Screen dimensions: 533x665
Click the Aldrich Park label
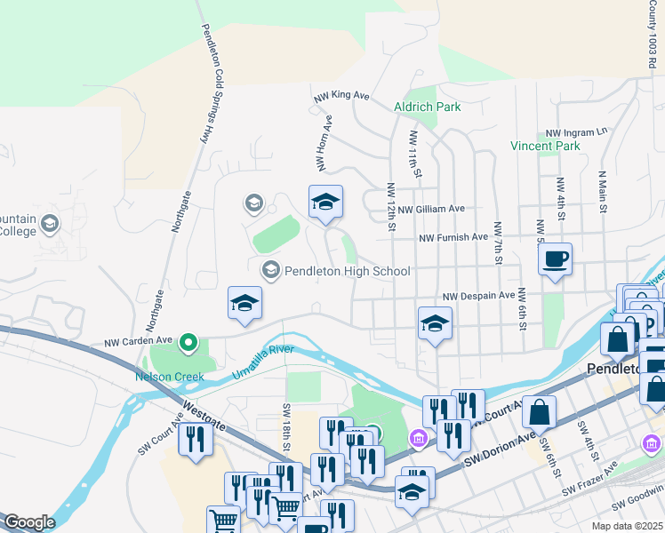[427, 107]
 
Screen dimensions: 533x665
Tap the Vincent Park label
[545, 146]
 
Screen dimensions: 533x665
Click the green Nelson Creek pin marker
[188, 341]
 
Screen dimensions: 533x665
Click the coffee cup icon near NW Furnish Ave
[555, 259]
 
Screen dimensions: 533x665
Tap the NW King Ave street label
[341, 94]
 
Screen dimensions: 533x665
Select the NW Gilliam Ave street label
[431, 210]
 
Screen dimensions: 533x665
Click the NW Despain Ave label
[479, 295]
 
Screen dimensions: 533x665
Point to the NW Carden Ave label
[138, 341]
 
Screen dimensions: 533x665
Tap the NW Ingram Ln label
[576, 131]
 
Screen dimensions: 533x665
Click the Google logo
[29, 522]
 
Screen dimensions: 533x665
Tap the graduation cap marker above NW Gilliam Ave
[325, 203]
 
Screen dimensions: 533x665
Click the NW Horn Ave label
[324, 142]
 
